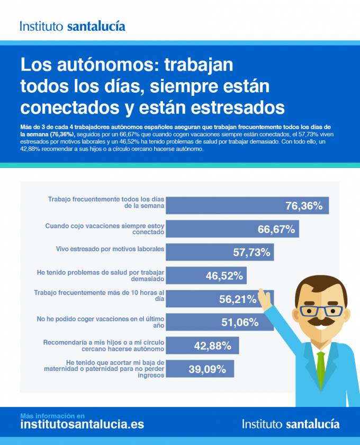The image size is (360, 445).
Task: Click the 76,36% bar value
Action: pos(304,206)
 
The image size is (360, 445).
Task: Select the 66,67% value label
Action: pos(276,229)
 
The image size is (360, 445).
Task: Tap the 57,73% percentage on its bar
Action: pos(251,252)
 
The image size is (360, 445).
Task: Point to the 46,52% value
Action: pos(224,275)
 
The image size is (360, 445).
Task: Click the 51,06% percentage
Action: pos(240,322)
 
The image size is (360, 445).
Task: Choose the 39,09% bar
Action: pos(203,369)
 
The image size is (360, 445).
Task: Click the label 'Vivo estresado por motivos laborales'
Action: pos(110,248)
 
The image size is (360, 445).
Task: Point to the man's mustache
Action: pos(321,322)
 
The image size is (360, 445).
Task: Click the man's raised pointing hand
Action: pos(264,299)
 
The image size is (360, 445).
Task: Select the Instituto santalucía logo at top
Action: pos(73,26)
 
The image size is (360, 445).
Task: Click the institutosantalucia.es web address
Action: pos(82,424)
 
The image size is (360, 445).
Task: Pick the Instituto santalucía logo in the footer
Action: pos(291,424)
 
